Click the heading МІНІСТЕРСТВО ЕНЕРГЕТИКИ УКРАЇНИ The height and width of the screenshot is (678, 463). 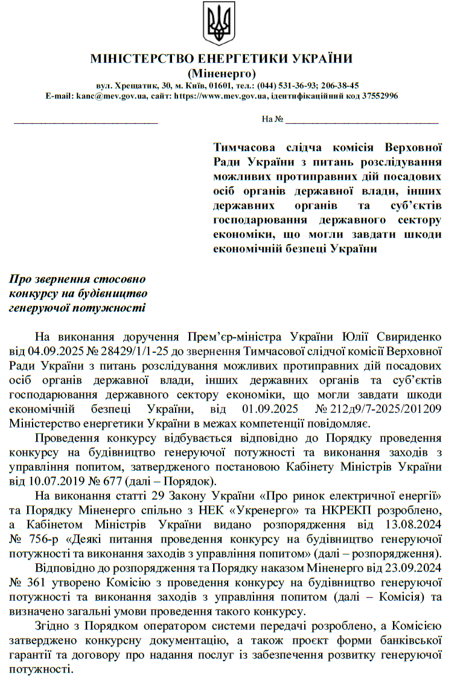221,59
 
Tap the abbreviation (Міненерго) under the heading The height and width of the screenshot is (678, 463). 222,73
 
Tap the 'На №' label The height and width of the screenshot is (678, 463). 273,119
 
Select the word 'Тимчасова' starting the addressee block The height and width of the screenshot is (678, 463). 246,147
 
